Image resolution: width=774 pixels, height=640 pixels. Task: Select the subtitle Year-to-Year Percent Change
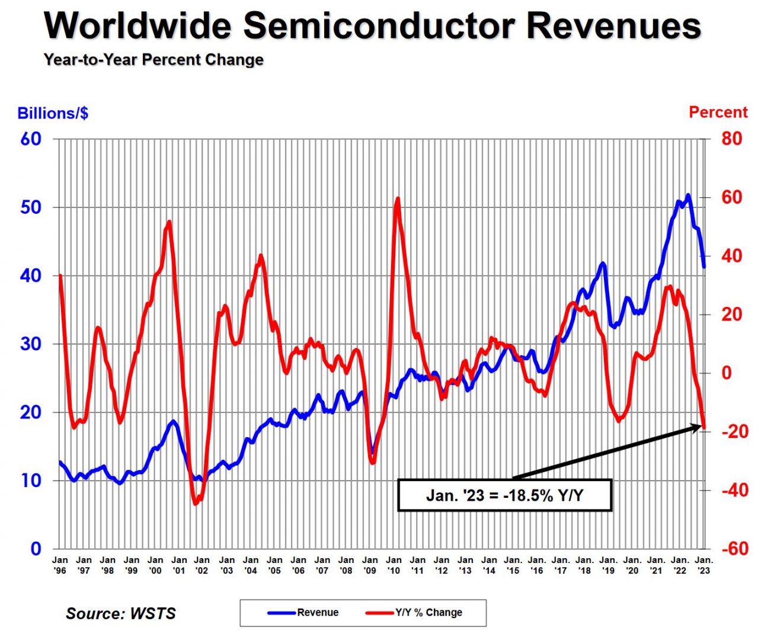click(x=153, y=60)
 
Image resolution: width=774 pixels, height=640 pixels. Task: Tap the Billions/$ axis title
click(x=53, y=113)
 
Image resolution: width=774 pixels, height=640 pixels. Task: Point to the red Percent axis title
click(x=718, y=112)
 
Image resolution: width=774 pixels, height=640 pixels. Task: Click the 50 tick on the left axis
click(x=31, y=207)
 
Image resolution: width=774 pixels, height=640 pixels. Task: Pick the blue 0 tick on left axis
click(x=36, y=549)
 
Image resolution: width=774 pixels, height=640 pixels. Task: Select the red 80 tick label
click(x=731, y=139)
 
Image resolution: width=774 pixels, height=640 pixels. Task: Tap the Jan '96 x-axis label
click(x=60, y=565)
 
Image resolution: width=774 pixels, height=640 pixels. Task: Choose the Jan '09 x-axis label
click(x=370, y=565)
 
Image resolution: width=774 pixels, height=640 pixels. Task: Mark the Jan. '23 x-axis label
click(x=704, y=565)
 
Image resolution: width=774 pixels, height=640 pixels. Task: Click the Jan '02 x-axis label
click(x=202, y=565)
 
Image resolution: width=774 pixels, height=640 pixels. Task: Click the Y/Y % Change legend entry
click(x=428, y=613)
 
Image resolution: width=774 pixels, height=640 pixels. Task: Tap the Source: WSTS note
click(x=121, y=613)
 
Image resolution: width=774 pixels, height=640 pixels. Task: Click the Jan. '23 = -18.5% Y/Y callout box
click(x=504, y=495)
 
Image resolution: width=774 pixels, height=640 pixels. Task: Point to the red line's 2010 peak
click(x=397, y=199)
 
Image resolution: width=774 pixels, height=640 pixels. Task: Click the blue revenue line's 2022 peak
click(x=688, y=195)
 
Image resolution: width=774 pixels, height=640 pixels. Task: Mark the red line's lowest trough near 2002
click(x=195, y=504)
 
